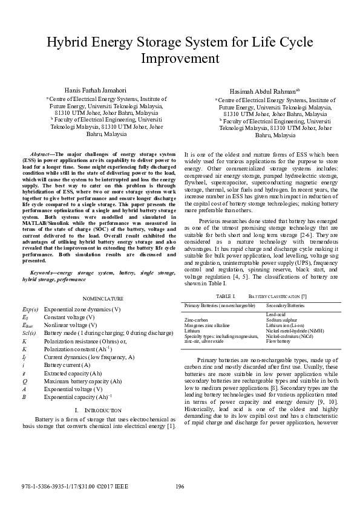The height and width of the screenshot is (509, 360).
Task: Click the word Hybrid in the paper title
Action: click(x=70, y=42)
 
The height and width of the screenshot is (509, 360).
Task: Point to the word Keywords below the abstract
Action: click(x=44, y=274)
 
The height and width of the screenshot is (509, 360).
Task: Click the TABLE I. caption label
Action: click(x=225, y=296)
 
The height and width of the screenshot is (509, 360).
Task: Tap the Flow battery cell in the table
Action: click(x=278, y=342)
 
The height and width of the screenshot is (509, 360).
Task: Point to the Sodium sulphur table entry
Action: click(x=281, y=320)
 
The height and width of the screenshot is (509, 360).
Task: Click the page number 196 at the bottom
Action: click(x=180, y=487)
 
